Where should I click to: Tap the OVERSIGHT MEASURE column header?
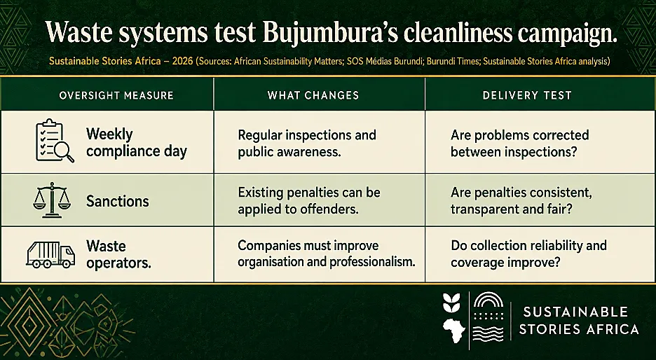pos(116,95)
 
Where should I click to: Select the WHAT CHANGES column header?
pos(313,95)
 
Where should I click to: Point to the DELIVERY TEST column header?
pos(527,95)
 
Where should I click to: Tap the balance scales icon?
pos(52,200)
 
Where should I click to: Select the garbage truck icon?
pos(50,255)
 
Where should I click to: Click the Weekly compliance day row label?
pos(137,143)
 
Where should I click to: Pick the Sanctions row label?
pos(118,202)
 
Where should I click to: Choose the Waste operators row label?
pos(118,255)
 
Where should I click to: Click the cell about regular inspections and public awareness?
pos(307,143)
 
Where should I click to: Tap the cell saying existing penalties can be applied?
pos(309,200)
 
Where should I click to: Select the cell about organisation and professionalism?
pos(327,254)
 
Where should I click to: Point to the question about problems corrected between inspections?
pos(519,143)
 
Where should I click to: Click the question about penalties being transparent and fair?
pos(521,200)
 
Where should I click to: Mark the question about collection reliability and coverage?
pos(529,254)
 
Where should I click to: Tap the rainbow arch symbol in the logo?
pos(488,300)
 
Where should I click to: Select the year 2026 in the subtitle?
pos(182,62)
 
